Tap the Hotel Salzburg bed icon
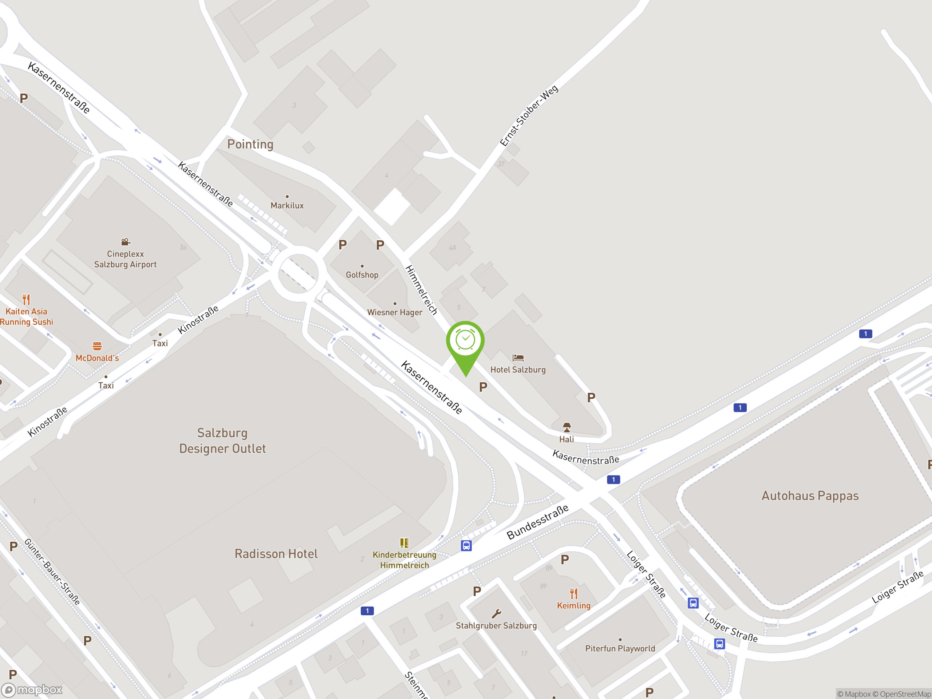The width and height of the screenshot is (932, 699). (518, 358)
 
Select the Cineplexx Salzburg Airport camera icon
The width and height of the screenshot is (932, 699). (126, 242)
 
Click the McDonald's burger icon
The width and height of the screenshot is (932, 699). (97, 346)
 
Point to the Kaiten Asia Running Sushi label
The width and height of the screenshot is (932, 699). (27, 317)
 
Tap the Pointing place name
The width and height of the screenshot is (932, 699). (250, 145)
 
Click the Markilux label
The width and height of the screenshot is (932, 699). (287, 206)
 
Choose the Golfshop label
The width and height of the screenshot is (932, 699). (362, 275)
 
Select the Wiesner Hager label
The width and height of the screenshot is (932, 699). (394, 312)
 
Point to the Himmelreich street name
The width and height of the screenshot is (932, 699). (421, 290)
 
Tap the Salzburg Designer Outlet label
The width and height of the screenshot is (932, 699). (222, 441)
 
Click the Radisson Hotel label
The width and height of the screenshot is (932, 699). (276, 554)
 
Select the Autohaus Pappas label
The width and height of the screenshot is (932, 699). (810, 496)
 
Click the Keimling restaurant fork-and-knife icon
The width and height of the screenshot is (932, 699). (573, 594)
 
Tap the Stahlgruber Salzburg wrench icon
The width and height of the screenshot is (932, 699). (496, 613)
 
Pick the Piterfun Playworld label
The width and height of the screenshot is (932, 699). (620, 648)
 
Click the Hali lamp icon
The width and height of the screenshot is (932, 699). (567, 428)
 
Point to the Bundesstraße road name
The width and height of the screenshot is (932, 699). (537, 522)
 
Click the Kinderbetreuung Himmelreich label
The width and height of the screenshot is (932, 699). (404, 560)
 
